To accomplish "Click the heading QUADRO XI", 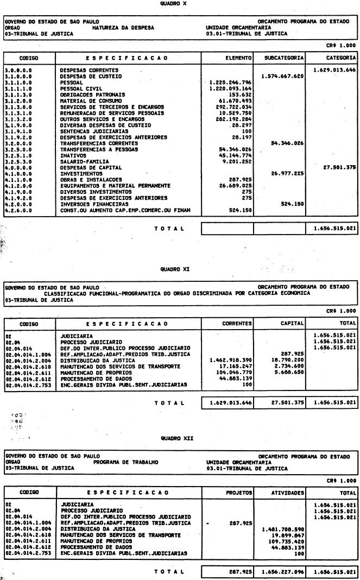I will click(180, 268).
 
